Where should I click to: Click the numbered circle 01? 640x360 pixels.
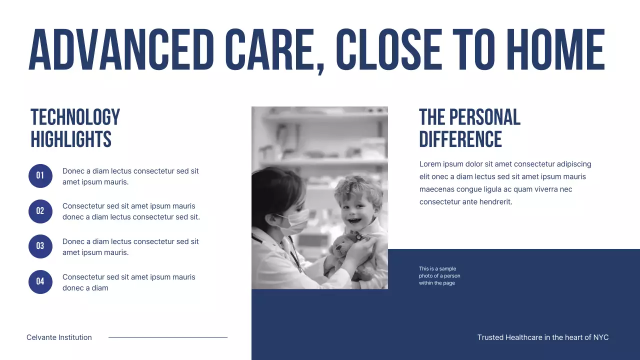[x=40, y=176]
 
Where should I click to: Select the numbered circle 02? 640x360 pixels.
[x=40, y=211]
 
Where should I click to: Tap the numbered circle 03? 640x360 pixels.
[x=40, y=246]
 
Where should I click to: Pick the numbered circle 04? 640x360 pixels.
[x=40, y=282]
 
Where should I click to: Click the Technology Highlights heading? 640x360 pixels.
[x=75, y=128]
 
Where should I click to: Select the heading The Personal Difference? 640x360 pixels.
[x=469, y=128]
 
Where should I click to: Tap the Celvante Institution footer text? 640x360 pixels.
[x=59, y=337]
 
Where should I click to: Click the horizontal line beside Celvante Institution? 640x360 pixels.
[x=168, y=337]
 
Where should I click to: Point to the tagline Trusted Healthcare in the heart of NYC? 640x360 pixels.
[x=543, y=337]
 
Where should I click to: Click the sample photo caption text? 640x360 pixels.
[x=439, y=276]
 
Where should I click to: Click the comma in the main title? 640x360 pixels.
[x=320, y=67]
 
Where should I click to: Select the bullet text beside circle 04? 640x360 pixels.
[x=128, y=282]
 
